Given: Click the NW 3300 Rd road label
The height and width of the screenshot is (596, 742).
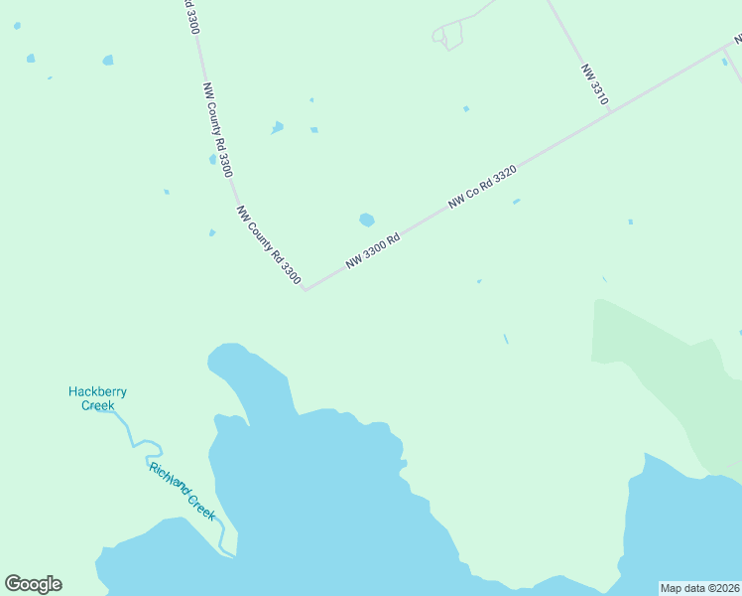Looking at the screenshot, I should point(373,250).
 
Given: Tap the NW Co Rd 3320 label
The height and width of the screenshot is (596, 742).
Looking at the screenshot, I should point(482,187).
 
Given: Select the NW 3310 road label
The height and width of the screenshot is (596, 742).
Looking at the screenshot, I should point(594,85).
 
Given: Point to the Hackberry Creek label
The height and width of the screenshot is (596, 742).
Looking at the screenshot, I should point(97,398).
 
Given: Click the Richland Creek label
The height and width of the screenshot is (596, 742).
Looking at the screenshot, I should point(183,491).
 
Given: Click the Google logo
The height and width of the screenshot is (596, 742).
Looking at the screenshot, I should point(33,584).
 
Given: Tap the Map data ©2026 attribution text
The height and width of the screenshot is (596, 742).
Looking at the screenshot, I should point(700,588).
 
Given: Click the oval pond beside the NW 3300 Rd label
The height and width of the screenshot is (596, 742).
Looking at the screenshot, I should point(367,220).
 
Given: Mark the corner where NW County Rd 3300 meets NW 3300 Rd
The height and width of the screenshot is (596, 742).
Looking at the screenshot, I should point(306,290).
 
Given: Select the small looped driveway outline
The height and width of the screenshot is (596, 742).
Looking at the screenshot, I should point(448,36).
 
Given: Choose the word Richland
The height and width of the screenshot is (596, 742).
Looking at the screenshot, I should point(169,477).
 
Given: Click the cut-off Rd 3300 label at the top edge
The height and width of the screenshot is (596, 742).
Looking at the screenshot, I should point(191,16).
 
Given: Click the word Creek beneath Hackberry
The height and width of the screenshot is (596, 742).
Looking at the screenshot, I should point(97,405).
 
